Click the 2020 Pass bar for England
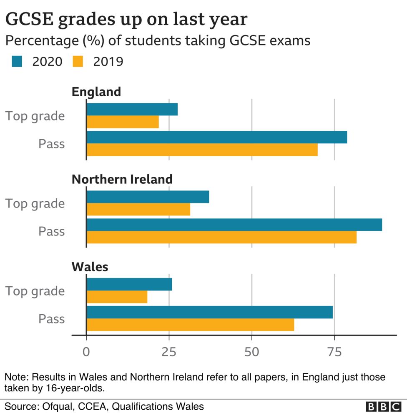(x=216, y=137)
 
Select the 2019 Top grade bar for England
(x=123, y=122)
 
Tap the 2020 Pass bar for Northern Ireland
(x=234, y=225)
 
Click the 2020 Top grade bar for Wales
(x=129, y=285)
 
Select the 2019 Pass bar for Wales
(x=190, y=325)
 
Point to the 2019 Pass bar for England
(x=202, y=150)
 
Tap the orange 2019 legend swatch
(x=79, y=62)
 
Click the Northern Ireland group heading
(x=122, y=179)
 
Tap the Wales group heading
(x=90, y=267)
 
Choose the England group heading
(x=96, y=92)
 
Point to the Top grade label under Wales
(x=35, y=291)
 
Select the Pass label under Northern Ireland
(x=52, y=231)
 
